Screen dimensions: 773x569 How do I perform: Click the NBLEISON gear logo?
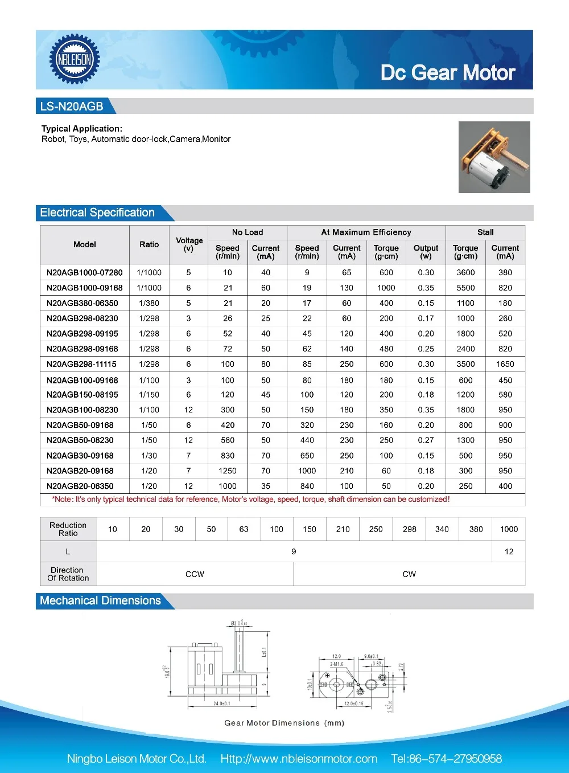pos(75,59)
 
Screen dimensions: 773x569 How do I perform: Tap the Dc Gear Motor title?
pos(448,73)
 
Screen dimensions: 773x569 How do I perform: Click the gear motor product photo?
pos(494,157)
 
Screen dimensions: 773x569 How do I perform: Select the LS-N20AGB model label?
pos(72,107)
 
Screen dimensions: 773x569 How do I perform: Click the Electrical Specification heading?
pos(97,212)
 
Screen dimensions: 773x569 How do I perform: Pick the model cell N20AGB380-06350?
pos(83,303)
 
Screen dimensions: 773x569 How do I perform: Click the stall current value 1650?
pos(505,364)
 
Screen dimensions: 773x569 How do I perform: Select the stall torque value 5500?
pos(465,288)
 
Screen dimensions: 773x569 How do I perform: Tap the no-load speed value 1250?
pos(228,471)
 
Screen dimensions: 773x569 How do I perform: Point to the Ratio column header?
pos(149,244)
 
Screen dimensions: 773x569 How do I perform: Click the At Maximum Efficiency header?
pos(366,232)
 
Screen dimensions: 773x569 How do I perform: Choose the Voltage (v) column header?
pos(189,244)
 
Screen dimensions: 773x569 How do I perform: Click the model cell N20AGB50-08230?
pos(80,440)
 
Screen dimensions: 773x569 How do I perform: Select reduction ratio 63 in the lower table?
pos(244,529)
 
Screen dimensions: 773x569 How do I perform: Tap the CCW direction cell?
pos(195,574)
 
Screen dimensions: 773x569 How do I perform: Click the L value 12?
pos(509,551)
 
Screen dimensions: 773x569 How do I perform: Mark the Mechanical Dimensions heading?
pos(100,600)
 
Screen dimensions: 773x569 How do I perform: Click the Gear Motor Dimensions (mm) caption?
pos(284,723)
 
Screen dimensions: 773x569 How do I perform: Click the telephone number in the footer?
pos(447,759)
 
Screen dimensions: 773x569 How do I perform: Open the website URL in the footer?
pos(299,759)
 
